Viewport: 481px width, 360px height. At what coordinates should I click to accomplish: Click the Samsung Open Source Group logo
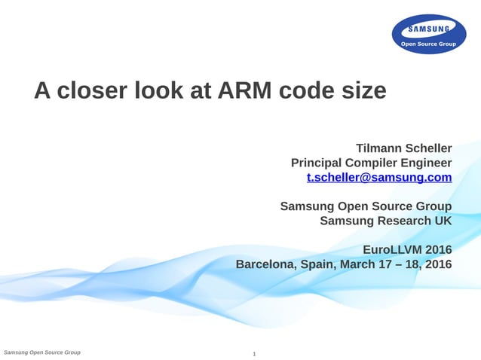click(x=429, y=35)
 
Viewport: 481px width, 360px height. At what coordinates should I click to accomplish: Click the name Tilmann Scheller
click(x=403, y=147)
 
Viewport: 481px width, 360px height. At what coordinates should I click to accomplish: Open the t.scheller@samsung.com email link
click(x=379, y=178)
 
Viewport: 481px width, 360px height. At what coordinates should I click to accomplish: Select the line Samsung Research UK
click(x=385, y=221)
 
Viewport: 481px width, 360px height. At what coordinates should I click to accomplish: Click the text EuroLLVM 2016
click(x=407, y=249)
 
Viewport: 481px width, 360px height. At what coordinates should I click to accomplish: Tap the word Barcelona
click(x=267, y=264)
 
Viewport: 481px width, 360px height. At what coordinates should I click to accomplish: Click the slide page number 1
click(x=255, y=353)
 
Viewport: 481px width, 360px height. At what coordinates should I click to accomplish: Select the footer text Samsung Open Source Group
click(x=42, y=352)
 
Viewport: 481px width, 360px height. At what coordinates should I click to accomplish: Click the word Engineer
click(x=425, y=163)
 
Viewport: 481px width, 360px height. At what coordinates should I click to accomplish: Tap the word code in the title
click(x=305, y=91)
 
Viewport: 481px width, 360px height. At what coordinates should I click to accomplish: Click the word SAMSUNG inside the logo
click(x=429, y=29)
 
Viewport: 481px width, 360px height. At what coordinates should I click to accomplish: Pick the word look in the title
click(x=161, y=91)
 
